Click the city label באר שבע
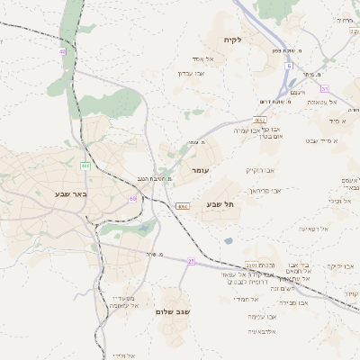pyautogui.click(x=68, y=193)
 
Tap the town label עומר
pyautogui.click(x=200, y=169)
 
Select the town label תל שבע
pyautogui.click(x=220, y=204)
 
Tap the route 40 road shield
pyautogui.click(x=63, y=51)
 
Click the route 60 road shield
pyautogui.click(x=133, y=198)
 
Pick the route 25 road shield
pyautogui.click(x=191, y=261)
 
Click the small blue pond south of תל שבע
pyautogui.click(x=229, y=241)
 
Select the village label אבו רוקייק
pyautogui.click(x=259, y=169)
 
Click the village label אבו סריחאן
pyautogui.click(x=266, y=191)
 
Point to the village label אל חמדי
pyautogui.click(x=245, y=299)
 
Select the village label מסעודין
pyautogui.click(x=122, y=297)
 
